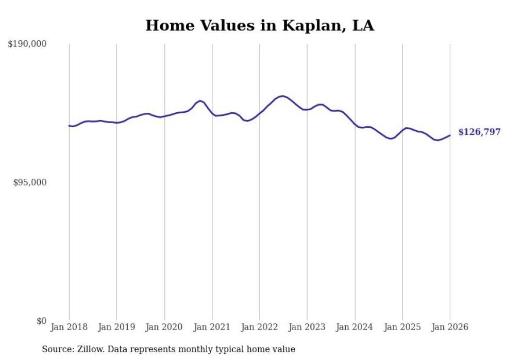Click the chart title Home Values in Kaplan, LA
[x=260, y=25]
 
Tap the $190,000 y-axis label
[x=27, y=44]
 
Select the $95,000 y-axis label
[x=29, y=182]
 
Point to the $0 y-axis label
[x=41, y=321]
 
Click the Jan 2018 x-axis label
[x=69, y=327]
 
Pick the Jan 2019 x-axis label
[x=116, y=327]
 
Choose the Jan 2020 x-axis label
[x=164, y=327]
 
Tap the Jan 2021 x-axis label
[x=212, y=327]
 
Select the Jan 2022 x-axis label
[x=260, y=327]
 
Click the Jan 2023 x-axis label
[x=307, y=327]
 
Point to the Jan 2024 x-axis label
[x=355, y=327]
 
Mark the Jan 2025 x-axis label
[x=402, y=327]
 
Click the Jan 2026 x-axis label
[x=450, y=327]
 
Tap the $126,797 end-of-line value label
[x=479, y=132]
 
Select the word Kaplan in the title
[x=307, y=25]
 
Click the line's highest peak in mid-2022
[x=282, y=96]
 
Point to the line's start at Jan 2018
[x=69, y=125]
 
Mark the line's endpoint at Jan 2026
[x=450, y=135]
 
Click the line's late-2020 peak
[x=200, y=101]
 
